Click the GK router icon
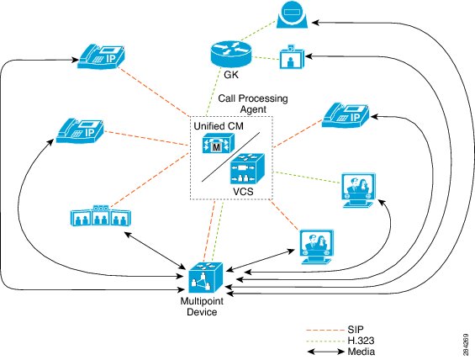coord(231,54)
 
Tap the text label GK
coord(231,75)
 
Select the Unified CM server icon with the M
coord(218,143)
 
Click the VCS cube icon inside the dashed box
coord(247,168)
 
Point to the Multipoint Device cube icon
coord(206,278)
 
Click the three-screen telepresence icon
coord(101,216)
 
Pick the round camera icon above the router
coord(292,14)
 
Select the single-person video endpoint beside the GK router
coord(291,57)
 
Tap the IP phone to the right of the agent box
coord(346,115)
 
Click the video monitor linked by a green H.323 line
coord(359,190)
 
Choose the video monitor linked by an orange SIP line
coord(317,247)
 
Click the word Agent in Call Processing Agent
coord(253,109)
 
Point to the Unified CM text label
coord(219,126)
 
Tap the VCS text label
coord(243,192)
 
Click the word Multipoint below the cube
coord(202,301)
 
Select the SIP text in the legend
coord(356,330)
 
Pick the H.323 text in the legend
coord(361,341)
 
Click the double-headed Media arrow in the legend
coord(326,352)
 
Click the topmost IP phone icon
coord(101,56)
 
